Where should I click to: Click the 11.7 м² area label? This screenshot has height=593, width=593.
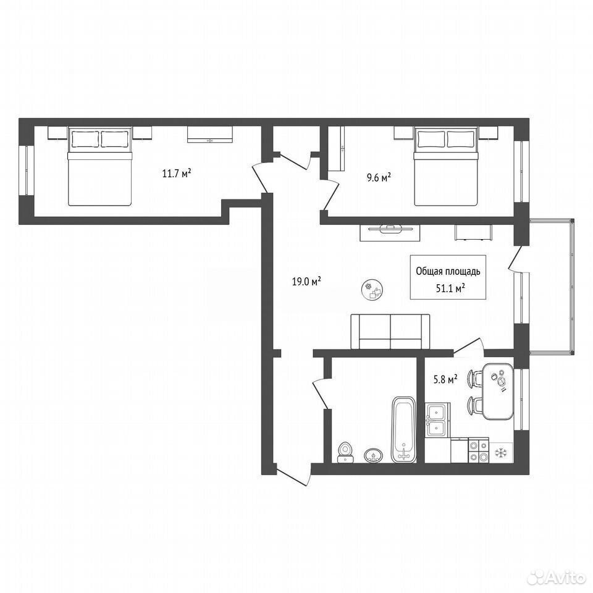tap(176, 174)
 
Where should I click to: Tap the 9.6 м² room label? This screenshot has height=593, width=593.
tap(379, 177)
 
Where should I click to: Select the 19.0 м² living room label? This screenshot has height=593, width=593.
tap(306, 282)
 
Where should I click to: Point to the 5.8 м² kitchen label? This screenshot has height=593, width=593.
tap(445, 379)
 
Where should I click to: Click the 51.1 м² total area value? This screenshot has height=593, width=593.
tap(450, 288)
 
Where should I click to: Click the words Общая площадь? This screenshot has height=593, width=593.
tap(448, 271)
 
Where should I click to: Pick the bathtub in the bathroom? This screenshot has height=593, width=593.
tap(404, 429)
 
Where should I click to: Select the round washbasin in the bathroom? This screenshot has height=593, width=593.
tap(374, 455)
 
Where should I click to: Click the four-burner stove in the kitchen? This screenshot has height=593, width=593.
tap(478, 450)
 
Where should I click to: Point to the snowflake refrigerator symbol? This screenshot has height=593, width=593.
tap(502, 452)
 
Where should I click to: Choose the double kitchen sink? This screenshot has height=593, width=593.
tap(437, 420)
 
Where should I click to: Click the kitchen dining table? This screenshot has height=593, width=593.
tap(498, 391)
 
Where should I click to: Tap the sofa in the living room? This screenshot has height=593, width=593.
tap(390, 331)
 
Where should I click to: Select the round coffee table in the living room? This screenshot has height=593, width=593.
tap(372, 290)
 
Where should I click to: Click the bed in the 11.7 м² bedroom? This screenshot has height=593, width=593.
tap(100, 166)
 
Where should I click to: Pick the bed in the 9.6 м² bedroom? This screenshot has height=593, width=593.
tap(446, 166)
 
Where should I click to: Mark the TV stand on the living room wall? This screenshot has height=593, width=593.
tap(390, 233)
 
